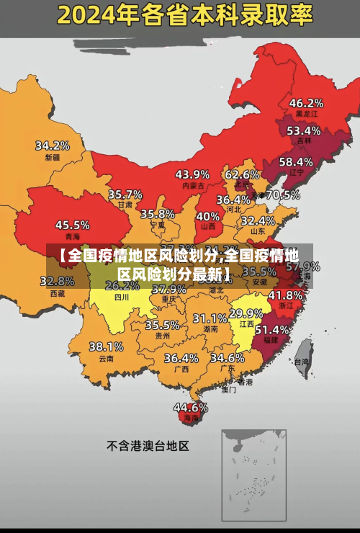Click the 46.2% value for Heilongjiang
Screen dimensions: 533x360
(x=306, y=103)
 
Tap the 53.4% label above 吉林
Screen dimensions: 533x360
(x=303, y=131)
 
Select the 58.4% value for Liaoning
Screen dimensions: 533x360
(x=296, y=162)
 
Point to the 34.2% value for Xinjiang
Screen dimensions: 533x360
(x=53, y=145)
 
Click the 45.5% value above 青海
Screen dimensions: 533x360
(x=73, y=225)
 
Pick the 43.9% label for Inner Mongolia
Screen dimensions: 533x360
(x=192, y=174)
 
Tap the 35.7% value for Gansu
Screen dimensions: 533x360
(x=125, y=194)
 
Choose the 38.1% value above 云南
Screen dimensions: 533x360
(x=106, y=346)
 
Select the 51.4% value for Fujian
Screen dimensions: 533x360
(x=272, y=329)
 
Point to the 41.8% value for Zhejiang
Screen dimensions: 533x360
(x=285, y=295)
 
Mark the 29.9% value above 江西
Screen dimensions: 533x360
(x=246, y=313)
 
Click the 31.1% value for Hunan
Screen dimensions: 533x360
(x=210, y=318)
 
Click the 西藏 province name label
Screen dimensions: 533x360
(x=58, y=293)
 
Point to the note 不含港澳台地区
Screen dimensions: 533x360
(x=148, y=446)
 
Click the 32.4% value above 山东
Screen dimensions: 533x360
(x=258, y=220)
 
